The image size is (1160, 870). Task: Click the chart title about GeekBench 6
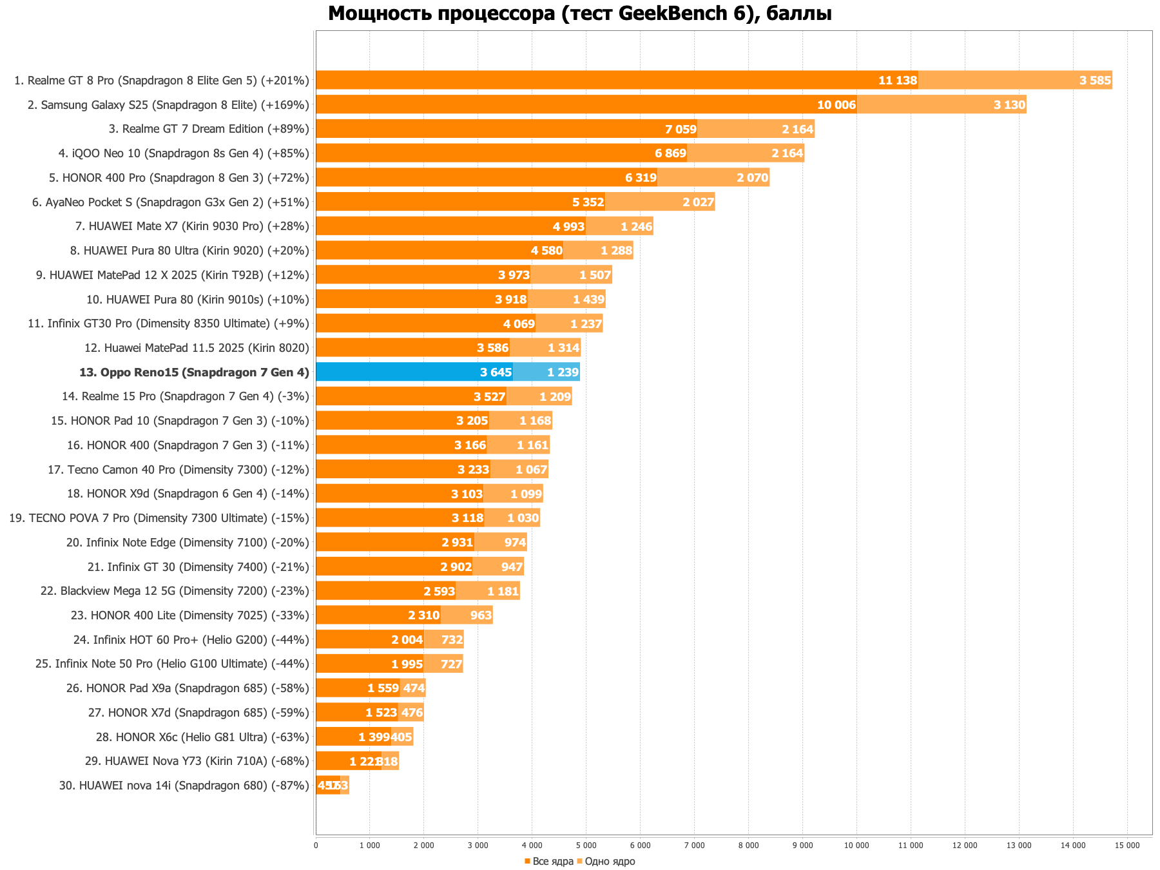[579, 13]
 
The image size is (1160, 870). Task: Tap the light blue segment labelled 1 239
[546, 372]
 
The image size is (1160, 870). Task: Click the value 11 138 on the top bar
[897, 81]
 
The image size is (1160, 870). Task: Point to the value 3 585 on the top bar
[1095, 81]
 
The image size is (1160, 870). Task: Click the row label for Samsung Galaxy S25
[168, 105]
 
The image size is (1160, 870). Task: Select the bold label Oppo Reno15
[194, 372]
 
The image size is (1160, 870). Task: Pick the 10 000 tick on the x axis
[856, 846]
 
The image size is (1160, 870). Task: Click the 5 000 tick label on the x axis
[586, 846]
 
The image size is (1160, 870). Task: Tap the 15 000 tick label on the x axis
[1127, 846]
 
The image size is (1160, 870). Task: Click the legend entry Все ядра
[549, 862]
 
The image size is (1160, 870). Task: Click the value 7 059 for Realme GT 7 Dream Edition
[681, 130]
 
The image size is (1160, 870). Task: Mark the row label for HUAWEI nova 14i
[184, 786]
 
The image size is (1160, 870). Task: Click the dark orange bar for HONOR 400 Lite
[378, 615]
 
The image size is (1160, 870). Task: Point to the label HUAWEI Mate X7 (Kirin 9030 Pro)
[192, 226]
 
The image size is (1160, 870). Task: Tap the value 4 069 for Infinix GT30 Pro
[519, 324]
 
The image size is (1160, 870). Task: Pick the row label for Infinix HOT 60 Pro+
[191, 640]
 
